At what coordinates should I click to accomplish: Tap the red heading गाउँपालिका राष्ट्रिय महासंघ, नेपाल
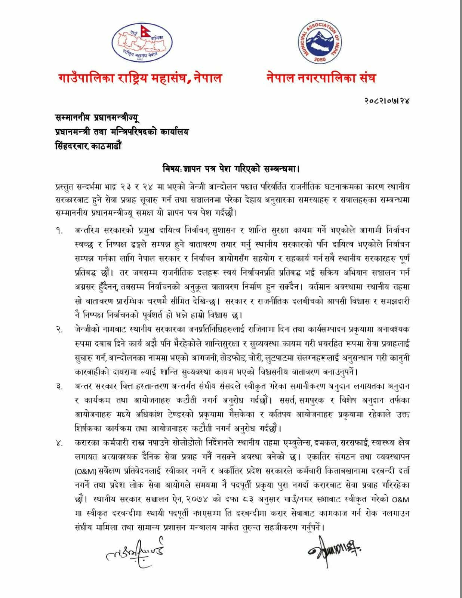point(140,78)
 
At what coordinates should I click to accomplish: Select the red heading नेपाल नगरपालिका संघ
point(321,78)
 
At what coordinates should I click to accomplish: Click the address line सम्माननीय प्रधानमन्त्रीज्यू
point(96,118)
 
